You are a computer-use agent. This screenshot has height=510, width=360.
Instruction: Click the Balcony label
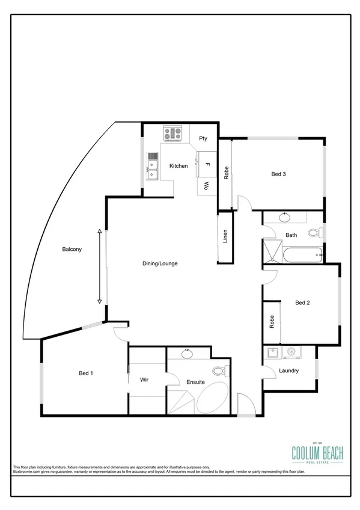click(71, 249)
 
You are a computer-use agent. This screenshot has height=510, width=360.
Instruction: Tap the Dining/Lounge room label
click(160, 263)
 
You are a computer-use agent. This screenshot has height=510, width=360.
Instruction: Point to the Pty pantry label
click(203, 138)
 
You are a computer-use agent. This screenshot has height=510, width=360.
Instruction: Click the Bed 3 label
click(278, 174)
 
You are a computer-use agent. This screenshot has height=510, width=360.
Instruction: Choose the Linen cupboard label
click(225, 236)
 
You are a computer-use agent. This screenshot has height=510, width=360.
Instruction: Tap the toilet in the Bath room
click(314, 233)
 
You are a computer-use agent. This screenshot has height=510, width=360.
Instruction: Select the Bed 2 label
click(302, 303)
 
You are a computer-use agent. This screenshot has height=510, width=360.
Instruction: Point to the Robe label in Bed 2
click(272, 321)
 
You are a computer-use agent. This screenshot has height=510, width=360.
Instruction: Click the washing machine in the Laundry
click(293, 353)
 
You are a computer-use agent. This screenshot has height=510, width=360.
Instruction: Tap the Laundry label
click(288, 370)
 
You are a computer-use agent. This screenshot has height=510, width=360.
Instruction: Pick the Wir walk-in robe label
click(144, 380)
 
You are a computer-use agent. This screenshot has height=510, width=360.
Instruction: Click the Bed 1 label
click(86, 373)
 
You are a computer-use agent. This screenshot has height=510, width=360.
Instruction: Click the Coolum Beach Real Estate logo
click(317, 452)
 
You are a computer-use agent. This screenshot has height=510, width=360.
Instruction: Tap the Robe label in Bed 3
click(226, 173)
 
